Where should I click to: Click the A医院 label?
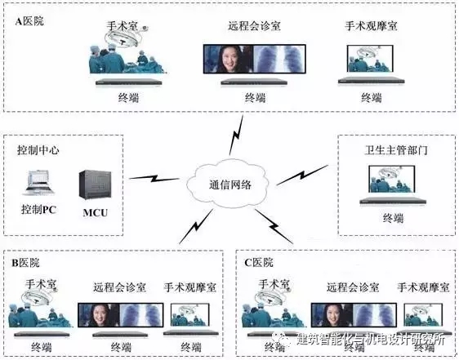tap(29, 21)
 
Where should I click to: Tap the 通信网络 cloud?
tap(229, 184)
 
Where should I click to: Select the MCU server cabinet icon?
tap(95, 185)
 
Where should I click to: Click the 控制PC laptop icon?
tap(38, 183)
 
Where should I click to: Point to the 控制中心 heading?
tap(38, 150)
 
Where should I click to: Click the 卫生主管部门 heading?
tap(396, 150)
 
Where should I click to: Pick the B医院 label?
tap(25, 263)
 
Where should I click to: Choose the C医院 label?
tap(259, 263)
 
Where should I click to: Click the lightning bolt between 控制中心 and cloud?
tap(154, 178)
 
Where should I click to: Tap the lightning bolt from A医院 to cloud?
tap(236, 136)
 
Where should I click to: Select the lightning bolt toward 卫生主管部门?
tap(302, 175)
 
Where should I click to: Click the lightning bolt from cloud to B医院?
tap(196, 226)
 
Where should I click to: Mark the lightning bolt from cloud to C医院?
tap(274, 226)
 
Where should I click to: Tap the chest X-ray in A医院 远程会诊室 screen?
tap(279, 59)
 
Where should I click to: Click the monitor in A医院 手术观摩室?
tap(370, 59)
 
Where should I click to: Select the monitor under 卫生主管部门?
tap(392, 179)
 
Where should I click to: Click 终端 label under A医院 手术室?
tap(128, 97)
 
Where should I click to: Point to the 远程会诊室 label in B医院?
tap(119, 287)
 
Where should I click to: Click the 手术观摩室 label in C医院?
tap(423, 287)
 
